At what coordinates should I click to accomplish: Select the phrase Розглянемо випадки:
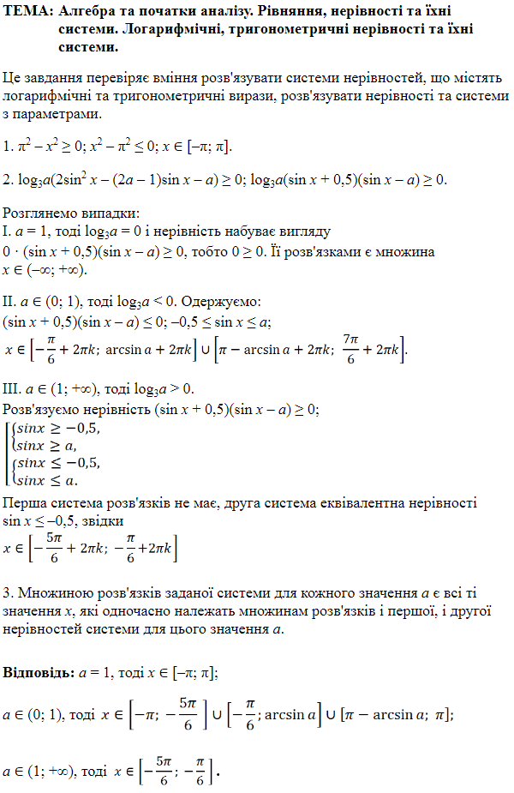click(x=71, y=213)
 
